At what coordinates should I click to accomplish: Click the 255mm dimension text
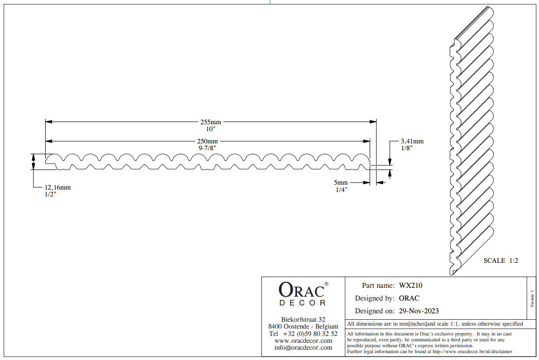211,122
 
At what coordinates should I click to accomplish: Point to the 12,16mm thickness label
57,187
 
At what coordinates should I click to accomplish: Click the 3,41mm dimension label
412,141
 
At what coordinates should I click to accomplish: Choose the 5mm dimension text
341,183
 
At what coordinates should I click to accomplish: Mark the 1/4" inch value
341,190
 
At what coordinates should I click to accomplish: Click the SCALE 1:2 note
501,261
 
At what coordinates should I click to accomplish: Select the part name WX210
410,285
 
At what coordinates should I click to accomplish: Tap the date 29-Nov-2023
419,311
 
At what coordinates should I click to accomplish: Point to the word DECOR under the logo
302,303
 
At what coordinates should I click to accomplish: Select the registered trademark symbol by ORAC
326,284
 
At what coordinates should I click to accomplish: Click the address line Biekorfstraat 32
303,319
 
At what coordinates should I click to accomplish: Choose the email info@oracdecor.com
303,347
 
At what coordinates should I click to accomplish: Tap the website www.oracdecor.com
303,340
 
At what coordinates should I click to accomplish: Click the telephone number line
303,333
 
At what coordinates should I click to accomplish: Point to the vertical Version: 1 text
533,299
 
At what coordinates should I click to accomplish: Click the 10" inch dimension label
211,129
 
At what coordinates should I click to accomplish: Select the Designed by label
375,298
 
